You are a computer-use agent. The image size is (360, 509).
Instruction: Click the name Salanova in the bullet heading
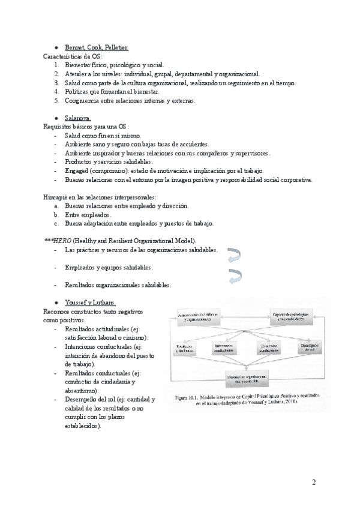(78, 118)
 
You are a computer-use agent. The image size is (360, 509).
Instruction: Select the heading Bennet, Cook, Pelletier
(96, 47)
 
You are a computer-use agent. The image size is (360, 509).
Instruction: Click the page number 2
(314, 483)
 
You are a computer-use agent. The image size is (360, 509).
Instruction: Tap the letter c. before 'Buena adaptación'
(55, 223)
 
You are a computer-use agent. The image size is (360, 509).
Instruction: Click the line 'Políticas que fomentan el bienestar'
(112, 91)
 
